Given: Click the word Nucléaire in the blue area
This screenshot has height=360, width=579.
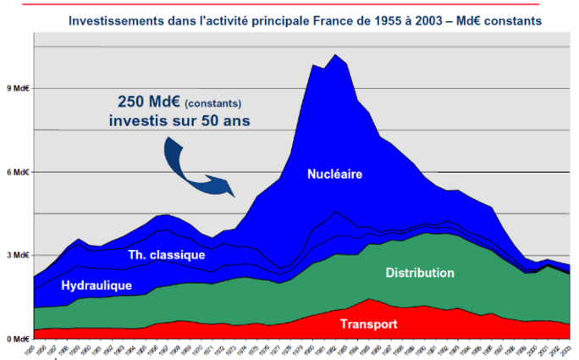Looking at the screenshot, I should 335,175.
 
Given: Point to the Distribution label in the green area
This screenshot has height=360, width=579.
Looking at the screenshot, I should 420,273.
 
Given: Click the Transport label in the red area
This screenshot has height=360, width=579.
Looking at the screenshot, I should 369,324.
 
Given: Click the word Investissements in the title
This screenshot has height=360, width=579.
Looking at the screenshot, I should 122,17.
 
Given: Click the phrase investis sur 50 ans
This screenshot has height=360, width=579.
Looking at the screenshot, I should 179,119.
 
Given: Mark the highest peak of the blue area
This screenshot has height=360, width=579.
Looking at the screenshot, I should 336,55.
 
